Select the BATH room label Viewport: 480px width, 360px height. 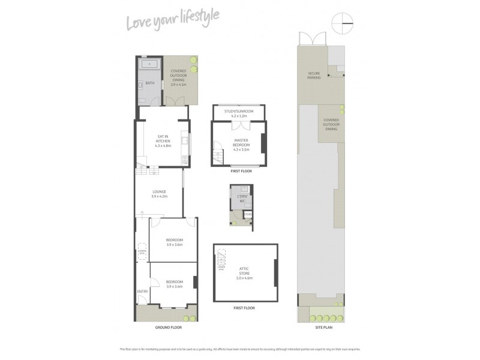[x=149, y=83]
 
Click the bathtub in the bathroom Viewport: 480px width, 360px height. [x=148, y=65]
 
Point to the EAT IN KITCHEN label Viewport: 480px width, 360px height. [x=163, y=140]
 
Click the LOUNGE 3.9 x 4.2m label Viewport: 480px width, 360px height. [x=159, y=193]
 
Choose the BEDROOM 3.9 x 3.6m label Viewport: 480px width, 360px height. [x=175, y=242]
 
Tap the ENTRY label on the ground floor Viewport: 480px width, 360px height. [x=142, y=292]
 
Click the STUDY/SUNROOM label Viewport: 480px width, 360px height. [x=239, y=112]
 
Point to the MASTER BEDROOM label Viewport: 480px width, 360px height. [x=241, y=145]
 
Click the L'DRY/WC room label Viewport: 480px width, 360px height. [x=242, y=199]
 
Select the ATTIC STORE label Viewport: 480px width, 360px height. [x=245, y=273]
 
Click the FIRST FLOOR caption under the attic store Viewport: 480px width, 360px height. [x=244, y=308]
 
